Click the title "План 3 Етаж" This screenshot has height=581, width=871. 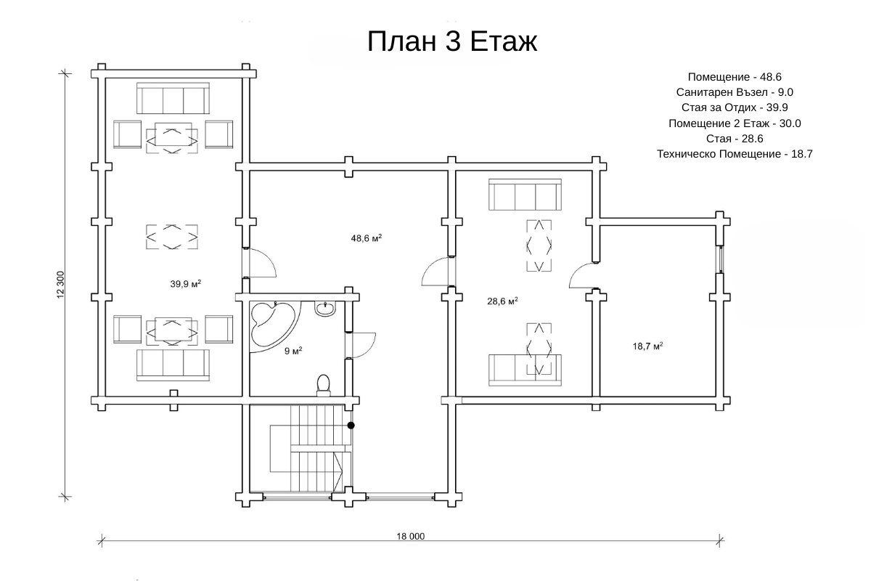pos(451,41)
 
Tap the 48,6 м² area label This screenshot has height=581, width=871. pos(367,237)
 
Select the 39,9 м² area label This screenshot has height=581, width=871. pos(186,284)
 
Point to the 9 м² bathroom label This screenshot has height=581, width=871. pos(293,351)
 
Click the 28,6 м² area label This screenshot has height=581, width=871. pos(502,301)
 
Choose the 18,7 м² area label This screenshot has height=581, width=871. pos(647,346)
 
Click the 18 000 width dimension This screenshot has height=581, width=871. pos(410,536)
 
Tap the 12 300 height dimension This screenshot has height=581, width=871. pos(60,285)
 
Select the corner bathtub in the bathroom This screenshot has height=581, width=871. pos(274,326)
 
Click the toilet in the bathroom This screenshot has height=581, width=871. pos(323,385)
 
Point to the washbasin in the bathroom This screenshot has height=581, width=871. pos(324,309)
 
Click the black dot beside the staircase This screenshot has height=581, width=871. pos(351,426)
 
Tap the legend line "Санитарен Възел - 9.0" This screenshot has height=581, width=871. pos(735,92)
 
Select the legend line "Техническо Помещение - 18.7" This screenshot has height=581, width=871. pos(735,154)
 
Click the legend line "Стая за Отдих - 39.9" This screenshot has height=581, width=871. pos(735,107)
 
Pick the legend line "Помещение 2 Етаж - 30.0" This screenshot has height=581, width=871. pos(735,123)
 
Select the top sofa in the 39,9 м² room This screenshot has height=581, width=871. pos(173,98)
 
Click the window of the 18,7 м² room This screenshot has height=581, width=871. pos(721,259)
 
